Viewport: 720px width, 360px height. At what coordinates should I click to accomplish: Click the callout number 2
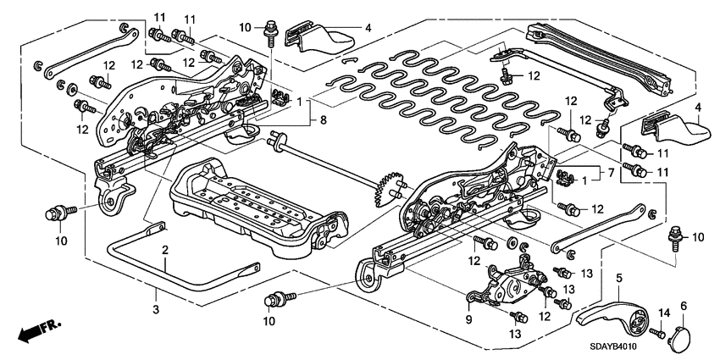point(165,250)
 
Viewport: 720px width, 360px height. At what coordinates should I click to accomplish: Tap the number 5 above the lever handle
point(619,277)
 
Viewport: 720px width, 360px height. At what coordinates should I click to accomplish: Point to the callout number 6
point(683,305)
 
